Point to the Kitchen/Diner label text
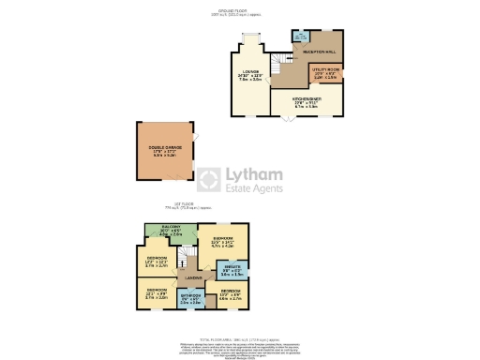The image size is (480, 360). click(x=308, y=103)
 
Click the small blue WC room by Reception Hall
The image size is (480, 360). click(x=302, y=38)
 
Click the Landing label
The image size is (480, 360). click(x=194, y=277)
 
